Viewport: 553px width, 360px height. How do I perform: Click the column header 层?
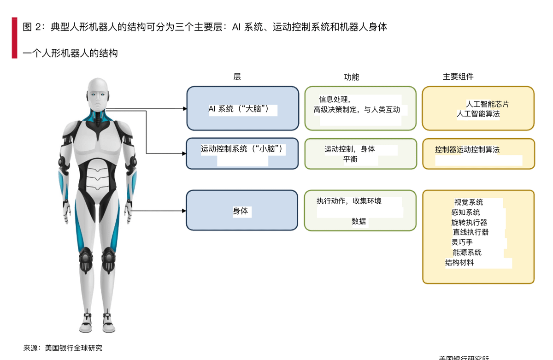click(237, 77)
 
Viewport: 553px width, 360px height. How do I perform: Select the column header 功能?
click(351, 77)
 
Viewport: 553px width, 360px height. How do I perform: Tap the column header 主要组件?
click(458, 77)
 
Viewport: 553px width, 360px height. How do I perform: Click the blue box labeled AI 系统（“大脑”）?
click(242, 108)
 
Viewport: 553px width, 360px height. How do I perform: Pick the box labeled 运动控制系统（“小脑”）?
click(242, 153)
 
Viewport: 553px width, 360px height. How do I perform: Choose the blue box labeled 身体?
click(242, 210)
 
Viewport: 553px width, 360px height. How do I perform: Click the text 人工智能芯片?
click(488, 104)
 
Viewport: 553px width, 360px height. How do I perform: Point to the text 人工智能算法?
click(478, 113)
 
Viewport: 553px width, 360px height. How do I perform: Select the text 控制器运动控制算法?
click(467, 149)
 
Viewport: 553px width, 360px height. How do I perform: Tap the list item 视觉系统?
click(469, 202)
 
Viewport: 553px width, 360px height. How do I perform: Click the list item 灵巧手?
click(462, 242)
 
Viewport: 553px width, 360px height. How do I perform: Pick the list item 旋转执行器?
click(469, 222)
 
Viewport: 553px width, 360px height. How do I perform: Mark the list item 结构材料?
click(459, 263)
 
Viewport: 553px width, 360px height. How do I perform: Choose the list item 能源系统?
click(467, 252)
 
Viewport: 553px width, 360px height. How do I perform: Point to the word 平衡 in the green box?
click(350, 159)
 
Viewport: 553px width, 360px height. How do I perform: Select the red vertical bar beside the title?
click(14, 38)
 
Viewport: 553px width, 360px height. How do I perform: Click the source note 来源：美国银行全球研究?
click(63, 348)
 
